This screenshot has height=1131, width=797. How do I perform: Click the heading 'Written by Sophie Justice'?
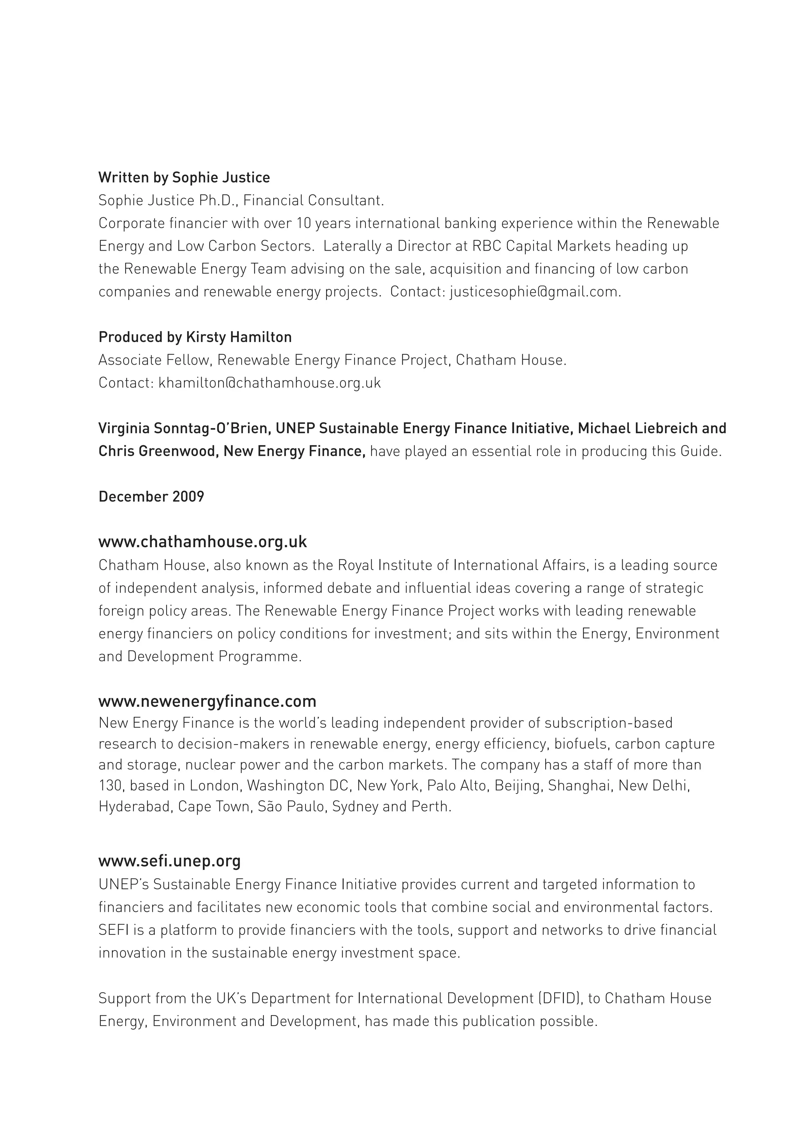(184, 178)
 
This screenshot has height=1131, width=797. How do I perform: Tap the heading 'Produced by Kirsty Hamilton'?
(195, 337)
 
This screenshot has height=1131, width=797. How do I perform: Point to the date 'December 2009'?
(151, 497)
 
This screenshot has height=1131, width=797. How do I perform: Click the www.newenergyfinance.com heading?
(207, 701)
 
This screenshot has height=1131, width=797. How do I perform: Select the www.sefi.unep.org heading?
(169, 861)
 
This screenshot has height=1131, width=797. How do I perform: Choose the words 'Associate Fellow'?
(154, 360)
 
